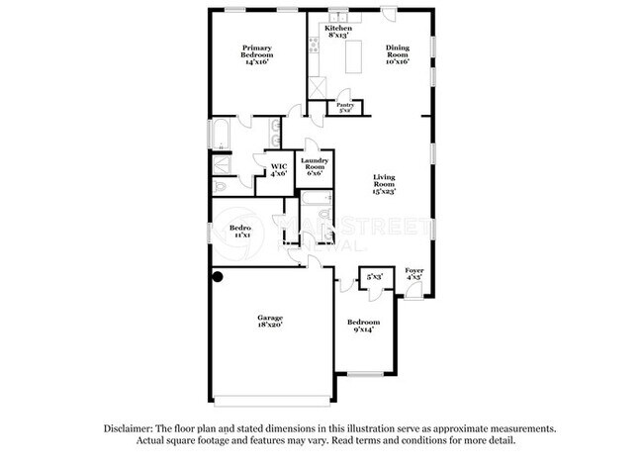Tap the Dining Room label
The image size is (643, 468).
point(398,52)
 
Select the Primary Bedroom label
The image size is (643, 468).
point(255,54)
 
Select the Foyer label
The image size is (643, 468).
point(415,274)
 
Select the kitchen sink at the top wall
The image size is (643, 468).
point(339,16)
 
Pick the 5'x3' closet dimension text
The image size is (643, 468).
point(375,279)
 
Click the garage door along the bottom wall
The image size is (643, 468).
point(271,401)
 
